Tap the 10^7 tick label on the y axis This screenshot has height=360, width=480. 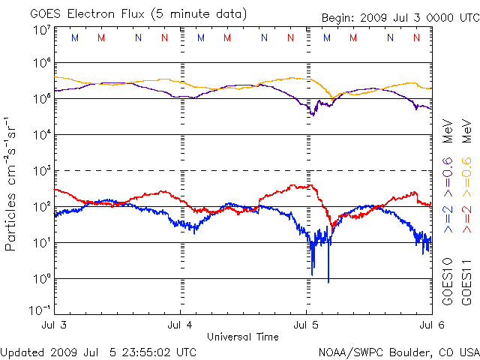pos(41,31)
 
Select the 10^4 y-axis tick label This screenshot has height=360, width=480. pos(41,135)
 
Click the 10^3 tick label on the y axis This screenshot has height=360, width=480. pos(41,171)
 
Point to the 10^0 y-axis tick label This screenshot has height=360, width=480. pos(41,279)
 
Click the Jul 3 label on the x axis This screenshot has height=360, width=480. pos(55,325)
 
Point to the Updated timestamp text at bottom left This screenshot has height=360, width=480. pos(99,352)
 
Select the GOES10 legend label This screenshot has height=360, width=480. pos(448,280)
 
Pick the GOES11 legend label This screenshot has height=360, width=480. pos(466,280)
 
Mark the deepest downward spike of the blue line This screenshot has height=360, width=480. pos(328,281)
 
